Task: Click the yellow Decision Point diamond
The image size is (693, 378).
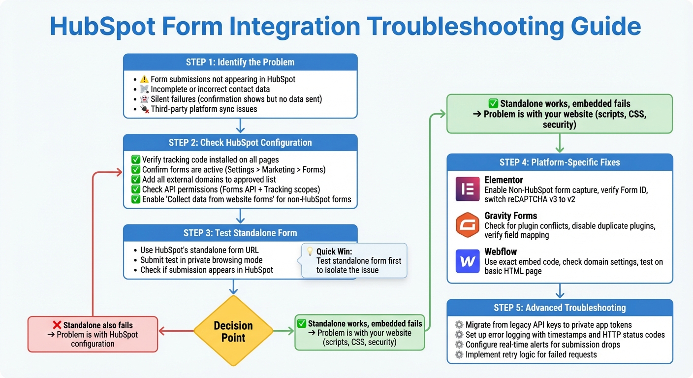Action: (x=233, y=331)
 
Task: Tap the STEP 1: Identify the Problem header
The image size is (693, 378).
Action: (x=240, y=63)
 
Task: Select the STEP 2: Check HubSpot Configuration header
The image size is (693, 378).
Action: (x=240, y=143)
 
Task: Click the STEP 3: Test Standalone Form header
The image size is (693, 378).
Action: (x=240, y=233)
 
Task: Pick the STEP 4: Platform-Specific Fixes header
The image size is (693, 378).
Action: (x=560, y=162)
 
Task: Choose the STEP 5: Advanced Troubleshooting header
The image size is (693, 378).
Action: (x=560, y=308)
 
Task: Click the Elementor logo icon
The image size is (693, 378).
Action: (x=468, y=189)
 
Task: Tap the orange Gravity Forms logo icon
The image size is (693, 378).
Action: (x=468, y=225)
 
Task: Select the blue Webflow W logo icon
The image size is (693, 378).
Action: (x=468, y=261)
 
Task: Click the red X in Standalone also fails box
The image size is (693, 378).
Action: (x=57, y=325)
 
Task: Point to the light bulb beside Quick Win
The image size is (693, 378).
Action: (x=310, y=251)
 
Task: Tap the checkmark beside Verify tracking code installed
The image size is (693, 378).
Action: (x=136, y=159)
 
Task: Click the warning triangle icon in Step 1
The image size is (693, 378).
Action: (x=144, y=79)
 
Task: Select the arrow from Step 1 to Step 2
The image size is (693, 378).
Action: (x=240, y=126)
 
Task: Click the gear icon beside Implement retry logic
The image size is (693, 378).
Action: (x=459, y=354)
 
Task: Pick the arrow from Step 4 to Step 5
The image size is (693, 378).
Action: (x=560, y=291)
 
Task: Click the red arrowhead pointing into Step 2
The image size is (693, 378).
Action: (x=119, y=172)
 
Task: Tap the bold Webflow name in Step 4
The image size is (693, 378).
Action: (x=501, y=252)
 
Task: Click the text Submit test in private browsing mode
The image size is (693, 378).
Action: (x=201, y=260)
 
